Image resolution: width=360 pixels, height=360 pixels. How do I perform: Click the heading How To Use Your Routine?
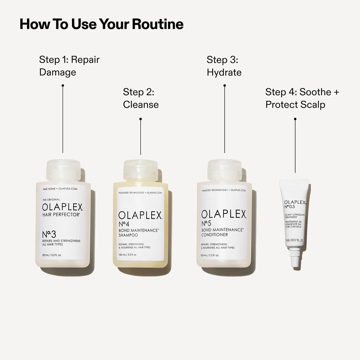pos(102,24)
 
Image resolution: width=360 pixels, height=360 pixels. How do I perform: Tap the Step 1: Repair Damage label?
pos(69,66)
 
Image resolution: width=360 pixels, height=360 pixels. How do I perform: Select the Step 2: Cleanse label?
pos(140,98)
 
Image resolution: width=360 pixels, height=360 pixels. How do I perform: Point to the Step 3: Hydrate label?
pos(224,66)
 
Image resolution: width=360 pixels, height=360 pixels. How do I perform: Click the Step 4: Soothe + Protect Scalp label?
pos(302,98)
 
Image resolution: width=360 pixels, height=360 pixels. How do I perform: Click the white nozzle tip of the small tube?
pos(295,259)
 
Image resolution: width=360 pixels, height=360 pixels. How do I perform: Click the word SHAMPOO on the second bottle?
pos(128,235)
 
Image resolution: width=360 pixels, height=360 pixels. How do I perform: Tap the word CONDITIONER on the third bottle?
pos(215,235)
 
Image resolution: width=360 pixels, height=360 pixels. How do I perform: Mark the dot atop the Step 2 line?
pos(140,119)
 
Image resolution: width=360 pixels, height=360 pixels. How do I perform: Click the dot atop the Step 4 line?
pos(295,119)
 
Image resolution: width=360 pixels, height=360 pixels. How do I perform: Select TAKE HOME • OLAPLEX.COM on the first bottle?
pos(60,189)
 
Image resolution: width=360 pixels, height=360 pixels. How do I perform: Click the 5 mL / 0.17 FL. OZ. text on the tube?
pos(294,240)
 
